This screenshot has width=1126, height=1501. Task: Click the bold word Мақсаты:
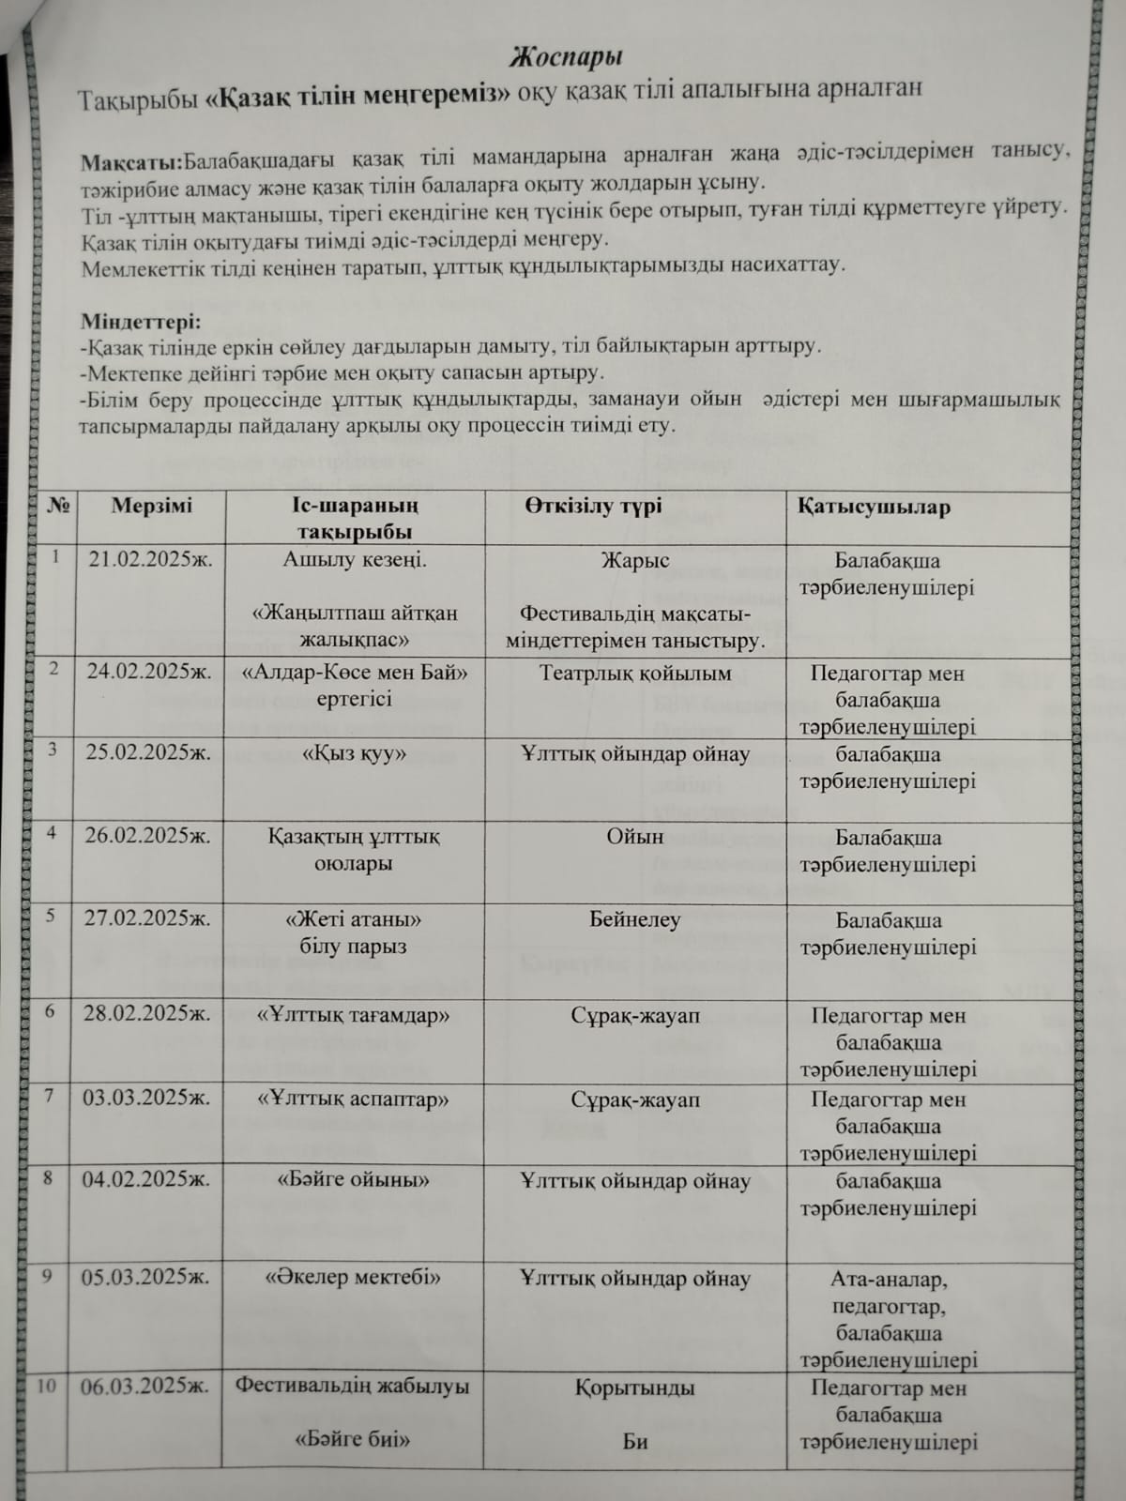pyautogui.click(x=132, y=158)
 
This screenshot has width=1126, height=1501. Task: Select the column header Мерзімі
pyautogui.click(x=151, y=506)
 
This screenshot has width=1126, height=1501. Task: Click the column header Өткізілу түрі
pyautogui.click(x=593, y=506)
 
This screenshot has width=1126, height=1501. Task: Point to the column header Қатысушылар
pyautogui.click(x=874, y=507)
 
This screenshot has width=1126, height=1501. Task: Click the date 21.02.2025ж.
pyautogui.click(x=150, y=560)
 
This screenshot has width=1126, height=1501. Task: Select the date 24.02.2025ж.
pyautogui.click(x=149, y=672)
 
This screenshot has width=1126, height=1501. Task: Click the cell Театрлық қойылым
pyautogui.click(x=635, y=674)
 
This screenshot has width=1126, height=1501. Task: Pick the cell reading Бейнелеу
pyautogui.click(x=635, y=920)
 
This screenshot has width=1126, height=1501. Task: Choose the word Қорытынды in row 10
pyautogui.click(x=635, y=1387)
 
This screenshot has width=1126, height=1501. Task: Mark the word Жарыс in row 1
pyautogui.click(x=635, y=561)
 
